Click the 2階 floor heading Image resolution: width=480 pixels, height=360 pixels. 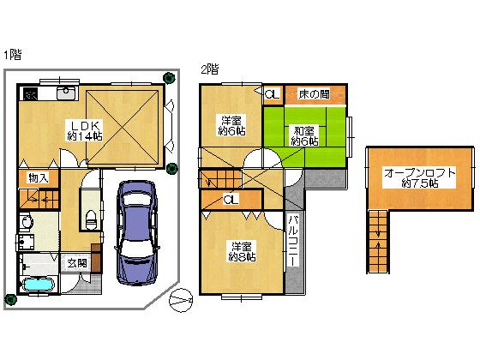tap(208, 69)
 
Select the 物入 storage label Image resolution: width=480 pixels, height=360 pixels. tap(37, 178)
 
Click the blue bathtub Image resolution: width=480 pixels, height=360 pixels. tap(38, 284)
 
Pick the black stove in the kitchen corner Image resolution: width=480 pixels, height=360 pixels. tap(30, 93)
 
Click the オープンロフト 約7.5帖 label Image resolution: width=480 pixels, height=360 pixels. tap(417, 177)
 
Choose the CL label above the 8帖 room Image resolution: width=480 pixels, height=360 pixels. tap(230, 200)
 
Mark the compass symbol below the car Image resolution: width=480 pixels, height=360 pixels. tap(183, 300)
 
